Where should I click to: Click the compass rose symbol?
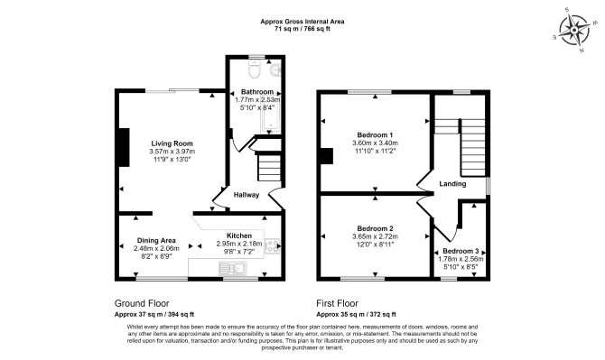574,30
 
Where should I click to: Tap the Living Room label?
172,143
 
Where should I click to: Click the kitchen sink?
233,268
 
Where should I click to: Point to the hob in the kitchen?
273,246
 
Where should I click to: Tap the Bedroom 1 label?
375,135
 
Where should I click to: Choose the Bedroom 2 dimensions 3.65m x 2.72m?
375,236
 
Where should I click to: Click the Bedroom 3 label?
461,251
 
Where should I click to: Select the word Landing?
452,184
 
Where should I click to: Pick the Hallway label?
247,195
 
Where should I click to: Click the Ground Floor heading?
142,303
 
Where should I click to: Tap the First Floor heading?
337,303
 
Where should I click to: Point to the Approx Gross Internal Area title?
302,22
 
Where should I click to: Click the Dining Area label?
156,241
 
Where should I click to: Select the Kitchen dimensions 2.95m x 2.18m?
239,244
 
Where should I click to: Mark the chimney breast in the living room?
124,148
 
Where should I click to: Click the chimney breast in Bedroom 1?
327,156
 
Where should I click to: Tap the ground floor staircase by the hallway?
269,167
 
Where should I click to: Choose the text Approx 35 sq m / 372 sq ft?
356,314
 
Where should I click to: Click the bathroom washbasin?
276,69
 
